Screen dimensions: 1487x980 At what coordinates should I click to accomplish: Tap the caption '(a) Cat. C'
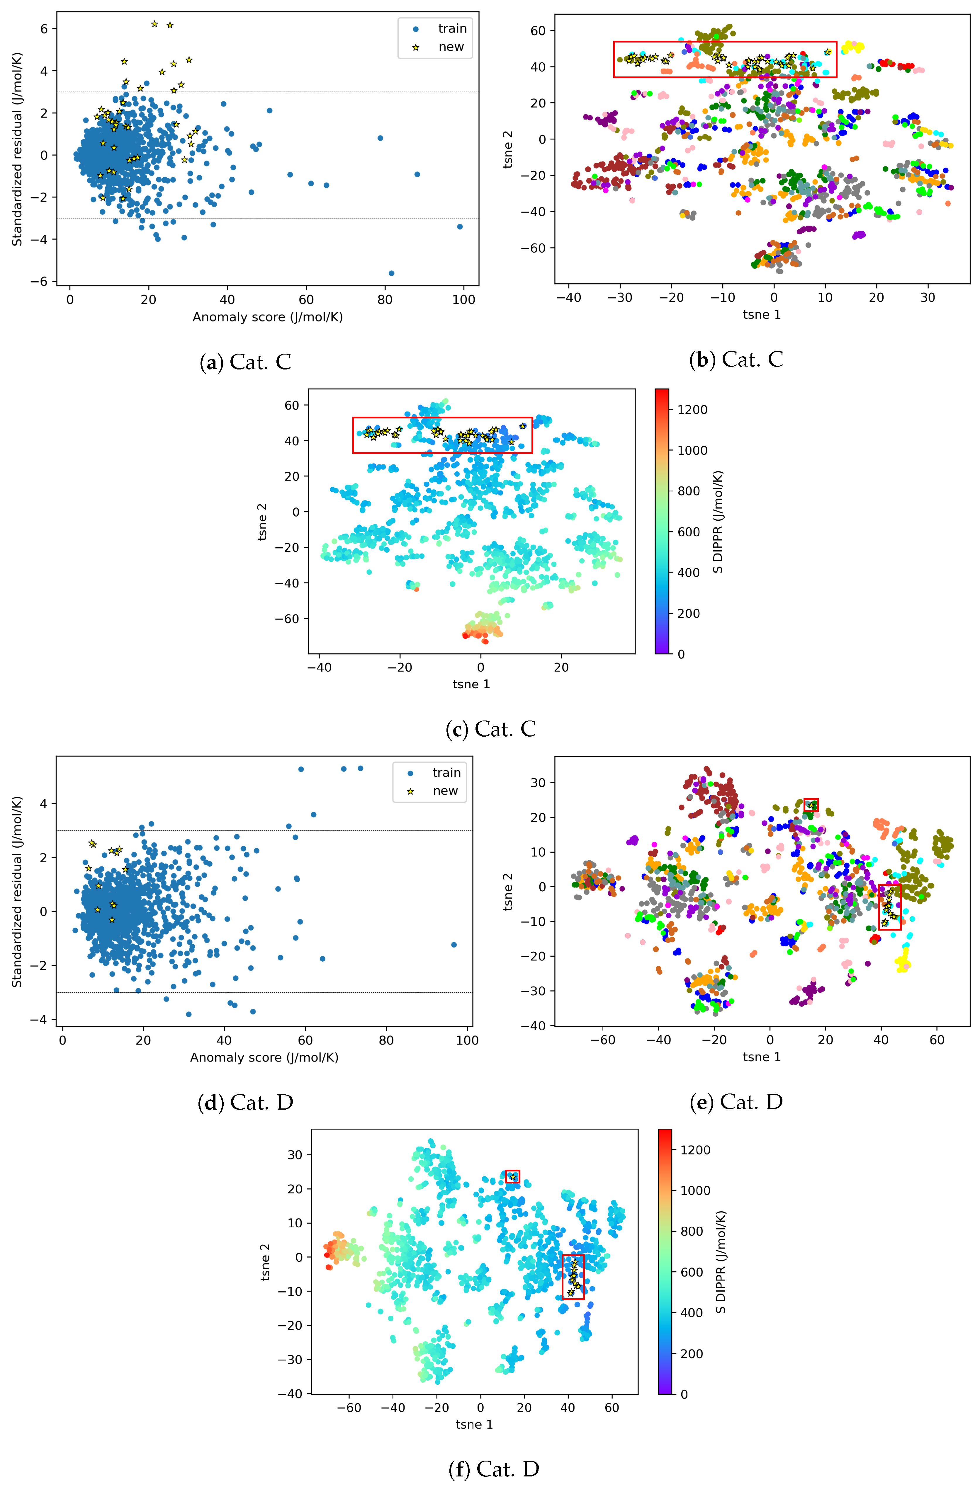(245, 362)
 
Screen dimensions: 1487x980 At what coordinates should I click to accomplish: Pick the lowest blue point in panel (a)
(391, 273)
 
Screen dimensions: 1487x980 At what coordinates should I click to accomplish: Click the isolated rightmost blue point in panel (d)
(454, 945)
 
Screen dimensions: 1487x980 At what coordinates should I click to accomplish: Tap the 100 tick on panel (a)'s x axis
(464, 300)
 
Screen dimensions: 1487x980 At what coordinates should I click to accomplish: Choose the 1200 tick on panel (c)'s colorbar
(692, 410)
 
